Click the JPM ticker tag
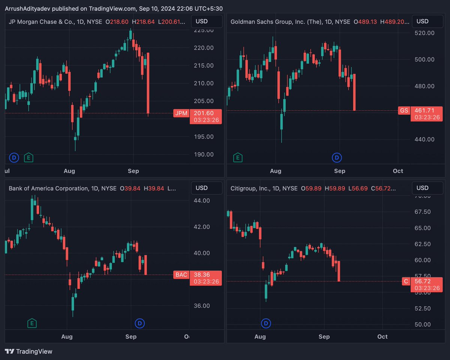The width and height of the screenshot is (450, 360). click(x=181, y=113)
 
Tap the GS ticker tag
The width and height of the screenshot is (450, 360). click(x=404, y=110)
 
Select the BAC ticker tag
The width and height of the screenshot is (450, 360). click(x=181, y=275)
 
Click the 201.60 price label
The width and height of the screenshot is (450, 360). click(x=205, y=113)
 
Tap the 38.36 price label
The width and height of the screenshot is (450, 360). click(x=205, y=275)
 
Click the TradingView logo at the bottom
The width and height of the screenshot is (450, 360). click(x=29, y=351)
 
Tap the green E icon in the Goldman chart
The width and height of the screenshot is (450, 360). click(x=237, y=158)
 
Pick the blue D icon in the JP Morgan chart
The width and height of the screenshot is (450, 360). click(x=14, y=158)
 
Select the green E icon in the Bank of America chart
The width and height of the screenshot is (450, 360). click(x=32, y=323)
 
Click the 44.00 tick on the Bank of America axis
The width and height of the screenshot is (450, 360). click(x=202, y=200)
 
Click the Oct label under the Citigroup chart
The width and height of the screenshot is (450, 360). click(x=382, y=337)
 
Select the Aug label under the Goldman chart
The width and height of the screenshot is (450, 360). click(x=276, y=171)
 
